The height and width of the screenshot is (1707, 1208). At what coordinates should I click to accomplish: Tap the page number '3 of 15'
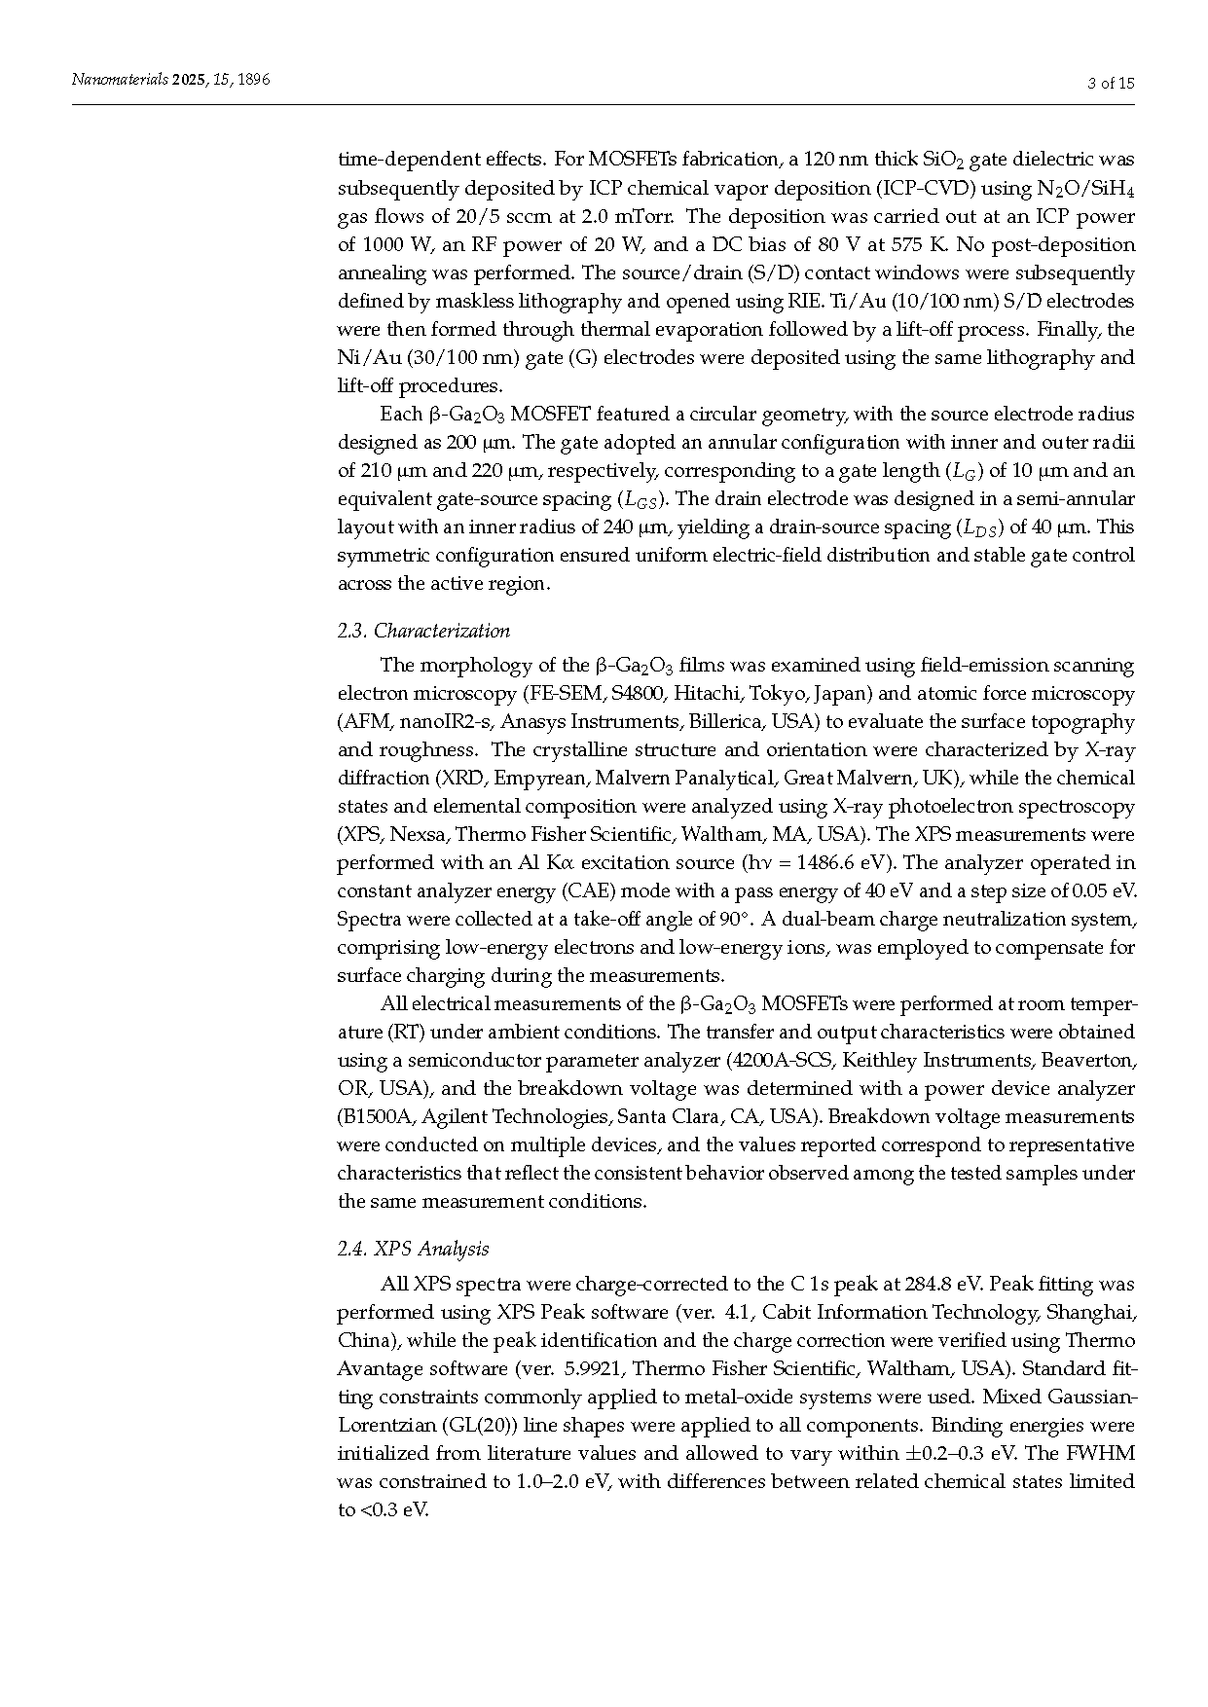coord(1111,83)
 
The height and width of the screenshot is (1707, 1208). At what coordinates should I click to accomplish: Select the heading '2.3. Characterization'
coord(423,631)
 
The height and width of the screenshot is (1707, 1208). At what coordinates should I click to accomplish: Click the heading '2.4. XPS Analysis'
coord(413,1249)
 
